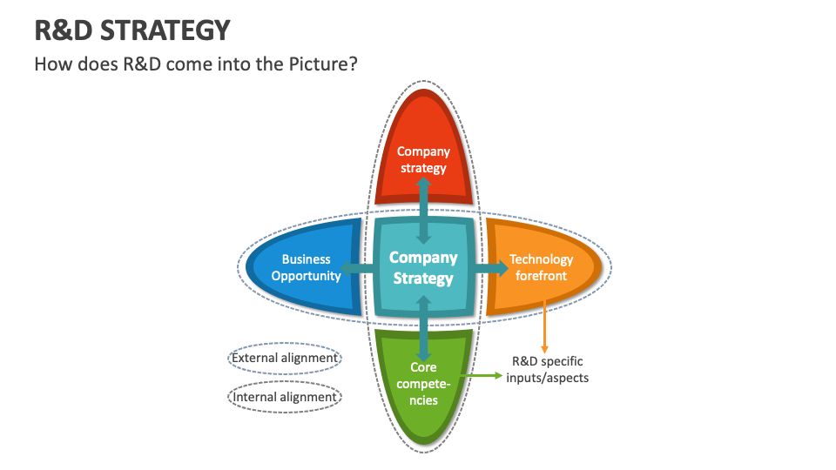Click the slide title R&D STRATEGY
[x=132, y=30]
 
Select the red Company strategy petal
[x=423, y=131]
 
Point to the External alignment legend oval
[x=284, y=358]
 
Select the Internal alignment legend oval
[x=284, y=397]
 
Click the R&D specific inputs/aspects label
[x=547, y=369]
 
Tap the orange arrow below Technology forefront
[x=545, y=326]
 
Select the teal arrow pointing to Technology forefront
[x=493, y=268]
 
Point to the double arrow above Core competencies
[x=424, y=328]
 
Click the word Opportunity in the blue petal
[x=306, y=276]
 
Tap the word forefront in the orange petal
[x=541, y=276]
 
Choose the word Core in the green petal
[x=423, y=367]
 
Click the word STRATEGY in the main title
[x=165, y=30]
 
